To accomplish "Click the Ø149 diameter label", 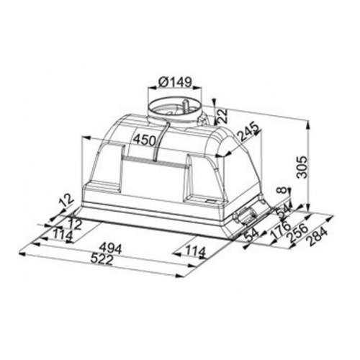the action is (175, 83).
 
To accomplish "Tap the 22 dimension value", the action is (223, 116).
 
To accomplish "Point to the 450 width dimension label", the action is (145, 140).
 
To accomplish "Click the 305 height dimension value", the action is (302, 167).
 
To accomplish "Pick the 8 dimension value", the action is (283, 190).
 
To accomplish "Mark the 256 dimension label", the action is (298, 233).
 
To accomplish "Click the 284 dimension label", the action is (318, 237).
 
